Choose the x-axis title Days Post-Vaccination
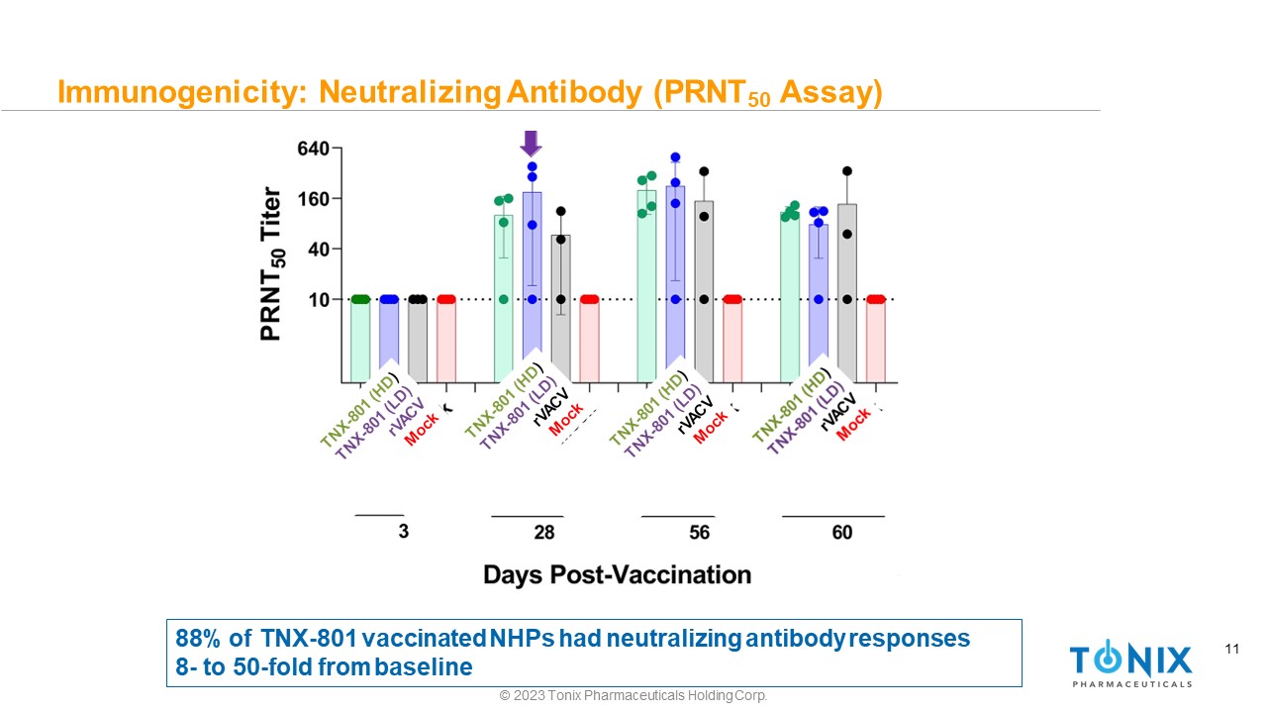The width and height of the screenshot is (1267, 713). click(x=617, y=574)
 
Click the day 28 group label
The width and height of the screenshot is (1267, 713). click(x=543, y=533)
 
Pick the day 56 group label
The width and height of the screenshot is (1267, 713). click(x=699, y=533)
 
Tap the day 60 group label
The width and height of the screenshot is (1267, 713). click(x=841, y=533)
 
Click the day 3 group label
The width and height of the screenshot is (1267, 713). click(x=403, y=531)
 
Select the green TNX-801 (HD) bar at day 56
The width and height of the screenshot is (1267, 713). click(x=646, y=287)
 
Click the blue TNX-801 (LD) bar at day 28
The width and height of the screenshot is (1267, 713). click(x=533, y=287)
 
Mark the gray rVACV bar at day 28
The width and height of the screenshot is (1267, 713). click(x=561, y=307)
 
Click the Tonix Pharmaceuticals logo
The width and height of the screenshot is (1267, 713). click(x=1130, y=663)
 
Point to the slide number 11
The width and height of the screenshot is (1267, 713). click(x=1232, y=650)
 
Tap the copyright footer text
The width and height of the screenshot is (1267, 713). click(x=633, y=696)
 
